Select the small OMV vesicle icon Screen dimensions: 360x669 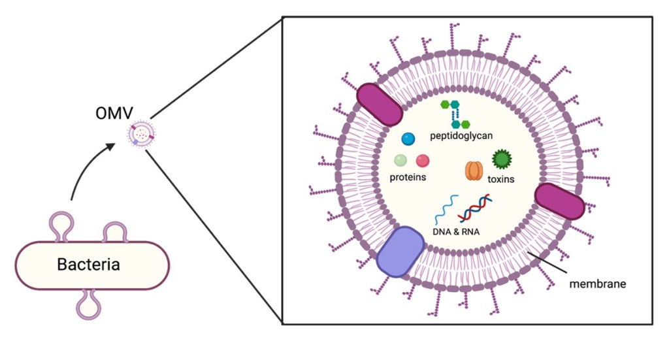tap(142, 135)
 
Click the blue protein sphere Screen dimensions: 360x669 tap(408, 139)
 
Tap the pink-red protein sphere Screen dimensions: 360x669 tap(423, 160)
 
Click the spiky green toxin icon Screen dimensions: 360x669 tap(501, 159)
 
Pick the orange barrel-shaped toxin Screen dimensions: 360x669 tap(474, 171)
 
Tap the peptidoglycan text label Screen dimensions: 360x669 tap(461, 136)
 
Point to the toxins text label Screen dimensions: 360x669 tap(500, 178)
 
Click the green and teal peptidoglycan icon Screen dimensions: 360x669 tap(457, 114)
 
